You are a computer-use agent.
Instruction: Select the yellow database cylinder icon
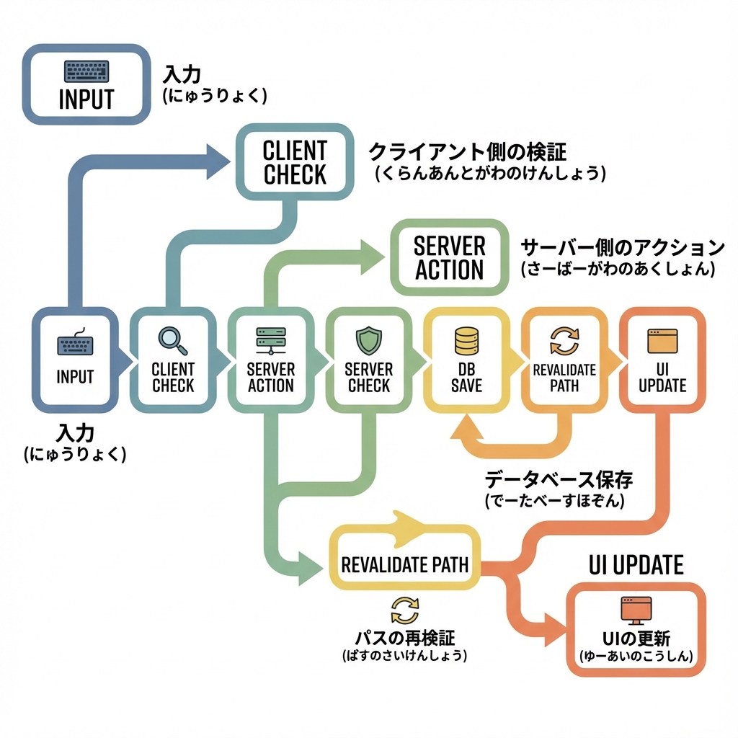click(467, 339)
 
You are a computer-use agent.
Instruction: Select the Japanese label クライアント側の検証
click(468, 153)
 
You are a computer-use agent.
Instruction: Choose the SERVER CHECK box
click(369, 361)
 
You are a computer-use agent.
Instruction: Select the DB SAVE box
click(467, 361)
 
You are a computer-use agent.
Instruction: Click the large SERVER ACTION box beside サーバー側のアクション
click(448, 258)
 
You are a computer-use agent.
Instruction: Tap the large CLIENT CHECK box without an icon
click(295, 162)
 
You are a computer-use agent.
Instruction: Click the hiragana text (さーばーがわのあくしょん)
click(617, 269)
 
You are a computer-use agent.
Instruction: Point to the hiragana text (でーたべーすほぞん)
click(554, 500)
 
